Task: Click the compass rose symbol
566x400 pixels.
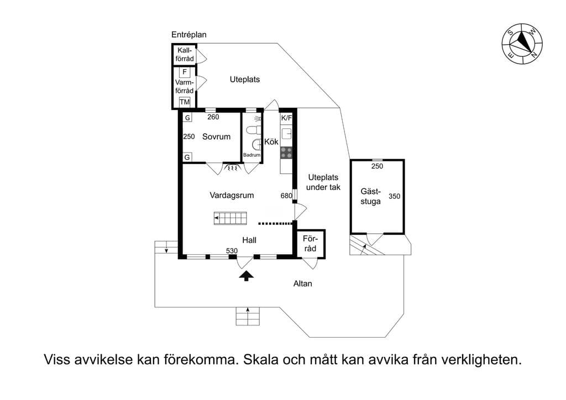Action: [x=522, y=43]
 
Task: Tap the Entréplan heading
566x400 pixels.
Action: [x=189, y=35]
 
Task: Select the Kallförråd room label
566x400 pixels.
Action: [x=185, y=55]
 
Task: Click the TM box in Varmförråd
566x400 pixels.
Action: [x=185, y=102]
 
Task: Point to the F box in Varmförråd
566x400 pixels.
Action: [x=185, y=72]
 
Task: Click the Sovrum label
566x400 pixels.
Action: [x=216, y=136]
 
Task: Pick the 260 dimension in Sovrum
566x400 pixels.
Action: [x=213, y=117]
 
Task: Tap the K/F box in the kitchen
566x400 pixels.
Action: [x=287, y=118]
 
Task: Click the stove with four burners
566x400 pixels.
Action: [x=287, y=152]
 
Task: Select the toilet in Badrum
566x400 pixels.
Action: [x=255, y=130]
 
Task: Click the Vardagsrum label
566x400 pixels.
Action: [x=232, y=195]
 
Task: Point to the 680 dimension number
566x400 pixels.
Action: [x=286, y=196]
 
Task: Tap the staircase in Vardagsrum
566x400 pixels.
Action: [x=230, y=218]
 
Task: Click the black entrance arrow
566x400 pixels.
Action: [x=247, y=276]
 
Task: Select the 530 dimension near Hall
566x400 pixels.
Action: [x=232, y=251]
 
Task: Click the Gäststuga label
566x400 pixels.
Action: [x=370, y=197]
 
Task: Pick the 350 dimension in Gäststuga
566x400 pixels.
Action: [x=395, y=196]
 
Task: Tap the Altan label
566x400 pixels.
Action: [x=302, y=283]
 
